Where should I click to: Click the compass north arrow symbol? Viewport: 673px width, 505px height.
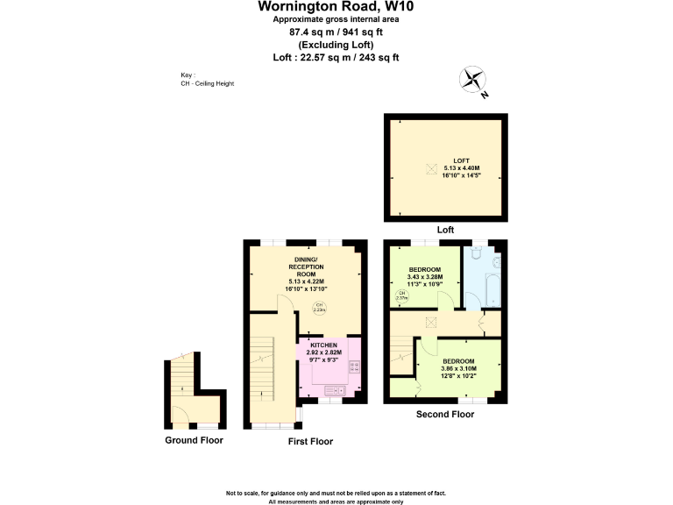pyautogui.click(x=474, y=82)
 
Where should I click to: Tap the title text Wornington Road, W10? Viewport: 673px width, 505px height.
pyautogui.click(x=336, y=7)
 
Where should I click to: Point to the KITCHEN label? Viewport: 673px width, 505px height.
pyautogui.click(x=323, y=345)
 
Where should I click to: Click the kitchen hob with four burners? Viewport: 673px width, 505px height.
pyautogui.click(x=355, y=366)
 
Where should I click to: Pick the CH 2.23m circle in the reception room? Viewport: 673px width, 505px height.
pyautogui.click(x=320, y=307)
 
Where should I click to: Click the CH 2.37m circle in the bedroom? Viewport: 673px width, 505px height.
pyautogui.click(x=402, y=295)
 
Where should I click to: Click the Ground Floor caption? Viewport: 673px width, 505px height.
pyautogui.click(x=194, y=440)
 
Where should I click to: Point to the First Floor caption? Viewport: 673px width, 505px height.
pyautogui.click(x=310, y=441)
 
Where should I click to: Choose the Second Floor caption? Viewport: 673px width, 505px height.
pyautogui.click(x=445, y=414)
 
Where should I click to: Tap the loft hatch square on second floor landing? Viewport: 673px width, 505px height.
pyautogui.click(x=430, y=322)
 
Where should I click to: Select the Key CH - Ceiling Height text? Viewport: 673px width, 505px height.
pyautogui.click(x=207, y=80)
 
